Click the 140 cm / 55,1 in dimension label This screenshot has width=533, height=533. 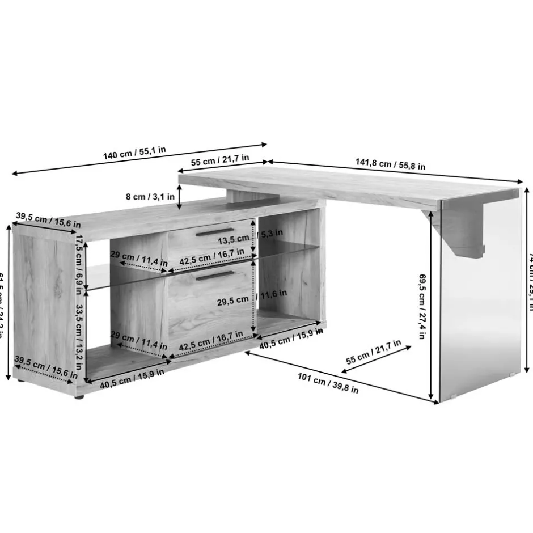[x=134, y=153]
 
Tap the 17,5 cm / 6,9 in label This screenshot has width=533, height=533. [x=80, y=263]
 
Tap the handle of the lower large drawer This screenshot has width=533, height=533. [x=212, y=276]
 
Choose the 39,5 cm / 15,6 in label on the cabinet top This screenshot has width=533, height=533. [x=48, y=218]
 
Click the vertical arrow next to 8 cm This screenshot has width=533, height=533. [x=180, y=197]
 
